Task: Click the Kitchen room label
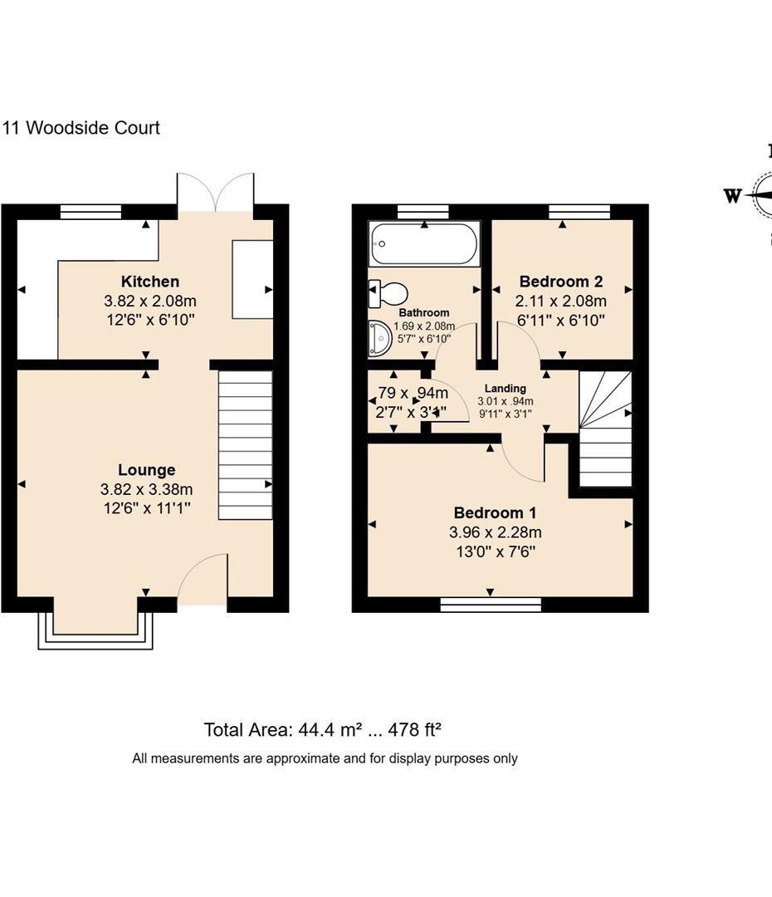(149, 282)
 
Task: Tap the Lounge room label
(146, 470)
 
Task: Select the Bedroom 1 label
(494, 513)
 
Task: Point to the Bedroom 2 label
(560, 282)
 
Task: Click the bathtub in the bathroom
(424, 244)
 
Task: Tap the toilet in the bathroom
(388, 293)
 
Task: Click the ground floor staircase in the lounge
(245, 445)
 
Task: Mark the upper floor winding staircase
(604, 428)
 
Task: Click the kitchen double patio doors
(215, 193)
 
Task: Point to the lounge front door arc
(202, 577)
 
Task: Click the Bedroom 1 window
(491, 605)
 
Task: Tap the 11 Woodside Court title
(81, 128)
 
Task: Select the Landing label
(505, 389)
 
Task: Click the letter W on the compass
(732, 196)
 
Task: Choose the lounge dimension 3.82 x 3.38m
(146, 490)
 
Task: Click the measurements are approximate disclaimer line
(325, 758)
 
